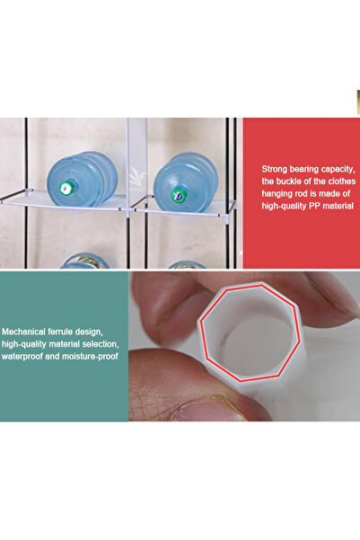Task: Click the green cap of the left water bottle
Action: point(66,188)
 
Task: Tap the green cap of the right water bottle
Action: point(179,195)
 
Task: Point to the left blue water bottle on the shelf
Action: point(82,179)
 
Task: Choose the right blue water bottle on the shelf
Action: point(186,182)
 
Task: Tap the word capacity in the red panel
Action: point(338,170)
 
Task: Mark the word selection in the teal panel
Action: point(101,344)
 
